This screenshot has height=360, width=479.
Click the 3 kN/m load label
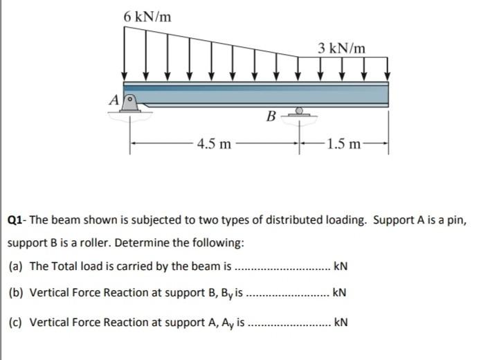(343, 48)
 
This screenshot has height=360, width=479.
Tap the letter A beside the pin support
(114, 100)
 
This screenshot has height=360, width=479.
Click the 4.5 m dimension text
(214, 144)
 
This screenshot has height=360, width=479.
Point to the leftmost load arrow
(125, 52)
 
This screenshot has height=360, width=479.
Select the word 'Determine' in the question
(148, 244)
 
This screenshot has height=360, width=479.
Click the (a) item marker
(15, 267)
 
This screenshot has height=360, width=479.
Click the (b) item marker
(15, 292)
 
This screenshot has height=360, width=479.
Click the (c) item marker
(15, 322)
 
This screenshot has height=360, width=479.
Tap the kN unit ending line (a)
(341, 267)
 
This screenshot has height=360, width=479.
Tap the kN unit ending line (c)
(341, 322)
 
